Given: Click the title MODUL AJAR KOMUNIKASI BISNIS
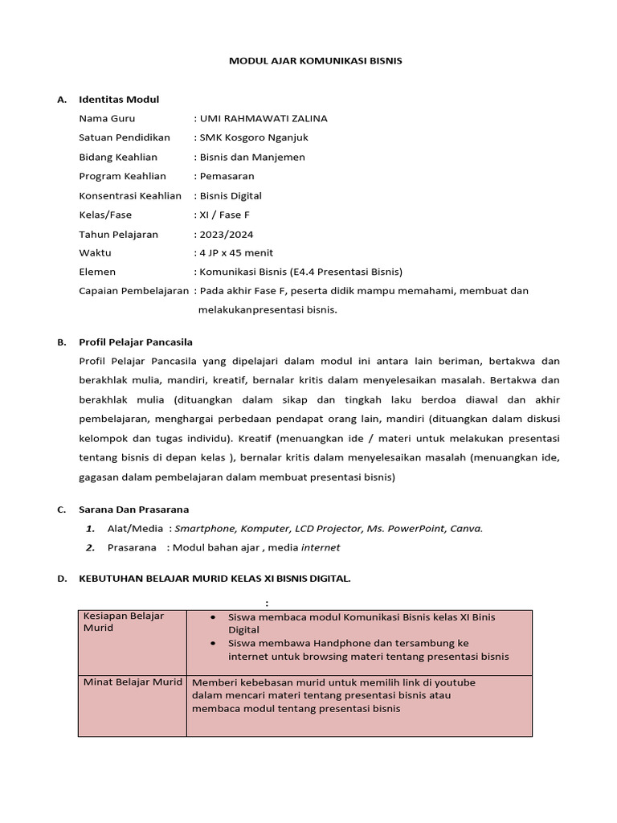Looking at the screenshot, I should [x=316, y=60].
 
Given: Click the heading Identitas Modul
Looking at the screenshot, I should [x=119, y=99].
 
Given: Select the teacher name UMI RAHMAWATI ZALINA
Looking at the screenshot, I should [x=264, y=118].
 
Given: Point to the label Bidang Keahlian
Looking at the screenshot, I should [x=118, y=157].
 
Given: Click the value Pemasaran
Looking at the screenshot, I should [x=227, y=176].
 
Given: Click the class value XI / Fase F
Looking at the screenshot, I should [x=221, y=215].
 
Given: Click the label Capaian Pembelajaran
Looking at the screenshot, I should [x=133, y=291].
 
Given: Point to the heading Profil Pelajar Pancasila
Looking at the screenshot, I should [x=136, y=342].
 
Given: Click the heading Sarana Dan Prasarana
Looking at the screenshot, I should [x=133, y=509].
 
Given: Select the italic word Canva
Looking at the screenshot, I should [x=466, y=528].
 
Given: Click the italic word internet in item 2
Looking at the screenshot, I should [x=321, y=547].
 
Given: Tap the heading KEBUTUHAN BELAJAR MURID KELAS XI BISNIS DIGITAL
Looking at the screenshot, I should [x=215, y=578].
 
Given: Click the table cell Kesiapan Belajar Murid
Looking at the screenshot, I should [x=124, y=622].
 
